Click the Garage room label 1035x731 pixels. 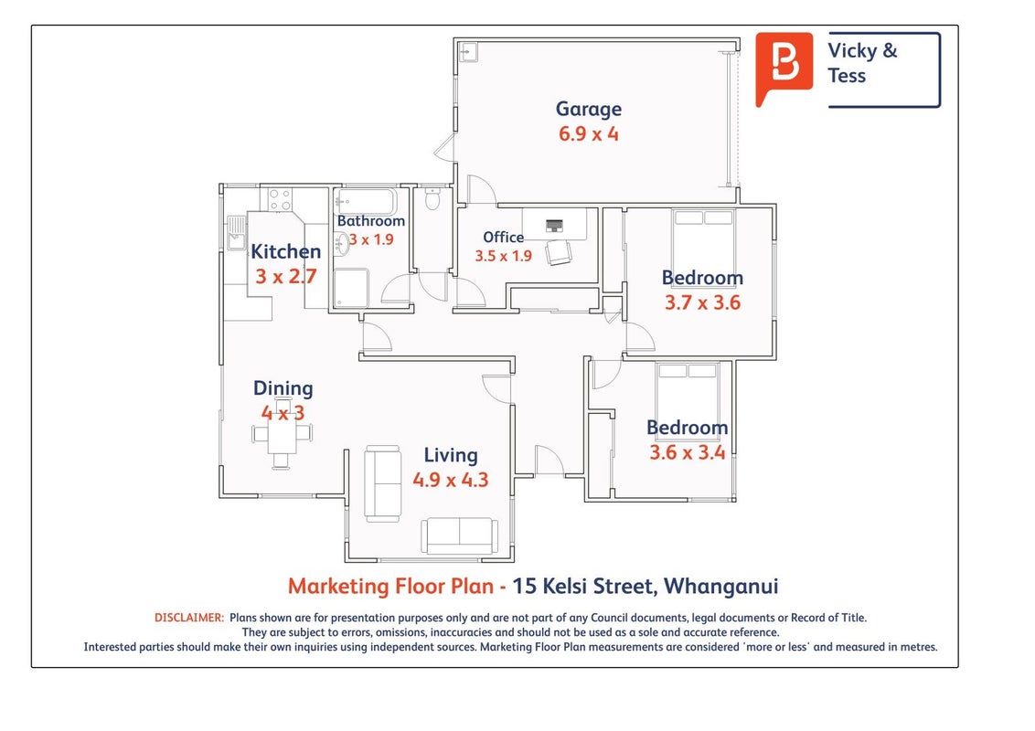click(x=588, y=109)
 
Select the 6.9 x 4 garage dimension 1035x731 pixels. click(x=588, y=134)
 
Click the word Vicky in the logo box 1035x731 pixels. click(x=852, y=50)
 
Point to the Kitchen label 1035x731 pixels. click(x=286, y=251)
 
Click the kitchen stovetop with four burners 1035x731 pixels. click(x=280, y=199)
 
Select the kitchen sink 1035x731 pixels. click(x=236, y=233)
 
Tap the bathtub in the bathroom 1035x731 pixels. click(x=366, y=201)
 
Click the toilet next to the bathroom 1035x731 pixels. click(x=432, y=198)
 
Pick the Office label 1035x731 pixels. click(x=503, y=237)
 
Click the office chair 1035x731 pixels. click(x=559, y=252)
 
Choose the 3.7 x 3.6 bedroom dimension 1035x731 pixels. click(x=702, y=302)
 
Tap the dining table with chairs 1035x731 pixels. click(x=282, y=433)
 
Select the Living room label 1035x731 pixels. click(x=451, y=455)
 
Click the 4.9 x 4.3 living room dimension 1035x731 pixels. click(x=451, y=480)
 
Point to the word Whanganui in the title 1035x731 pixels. click(x=720, y=587)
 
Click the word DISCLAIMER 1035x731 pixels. click(x=188, y=619)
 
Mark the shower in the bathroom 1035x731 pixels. click(x=351, y=288)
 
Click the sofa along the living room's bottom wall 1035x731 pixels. click(x=460, y=535)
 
